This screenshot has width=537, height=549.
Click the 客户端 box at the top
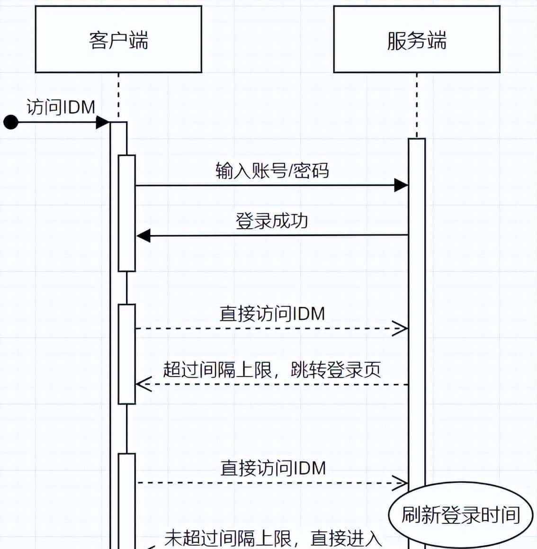118,39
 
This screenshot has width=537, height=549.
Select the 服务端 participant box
416,39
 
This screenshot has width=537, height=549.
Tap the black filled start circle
10,122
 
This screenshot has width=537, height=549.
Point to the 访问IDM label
61,107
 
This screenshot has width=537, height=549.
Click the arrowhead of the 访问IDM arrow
102,122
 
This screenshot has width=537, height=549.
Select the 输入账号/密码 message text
272,171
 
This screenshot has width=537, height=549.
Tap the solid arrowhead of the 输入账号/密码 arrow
401,185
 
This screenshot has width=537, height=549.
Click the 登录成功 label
272,221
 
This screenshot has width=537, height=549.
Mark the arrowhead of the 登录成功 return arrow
143,235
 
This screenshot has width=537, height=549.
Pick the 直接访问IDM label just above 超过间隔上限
272,314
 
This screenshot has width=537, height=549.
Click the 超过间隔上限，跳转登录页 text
272,369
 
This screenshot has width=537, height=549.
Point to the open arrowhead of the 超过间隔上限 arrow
143,385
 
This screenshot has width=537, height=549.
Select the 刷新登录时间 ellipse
461,515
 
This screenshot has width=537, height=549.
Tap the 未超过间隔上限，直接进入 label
273,539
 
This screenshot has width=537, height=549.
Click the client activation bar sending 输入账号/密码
126,213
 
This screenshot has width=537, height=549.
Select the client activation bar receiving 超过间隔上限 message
126,354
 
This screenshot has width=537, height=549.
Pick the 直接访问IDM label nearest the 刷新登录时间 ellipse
273,468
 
